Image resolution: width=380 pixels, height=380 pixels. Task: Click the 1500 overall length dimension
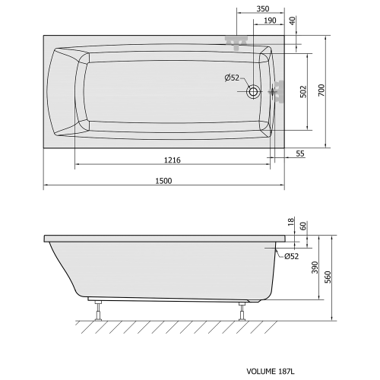(163, 180)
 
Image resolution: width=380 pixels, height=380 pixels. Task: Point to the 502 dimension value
(302, 92)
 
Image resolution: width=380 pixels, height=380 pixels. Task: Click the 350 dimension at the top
(263, 8)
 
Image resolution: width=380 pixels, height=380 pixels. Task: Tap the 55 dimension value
(299, 154)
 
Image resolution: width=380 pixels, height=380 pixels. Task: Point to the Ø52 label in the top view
(232, 78)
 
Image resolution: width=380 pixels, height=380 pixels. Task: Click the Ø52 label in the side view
(292, 257)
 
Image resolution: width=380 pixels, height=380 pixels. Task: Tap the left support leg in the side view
(98, 309)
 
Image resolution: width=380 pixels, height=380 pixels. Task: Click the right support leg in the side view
(242, 309)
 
